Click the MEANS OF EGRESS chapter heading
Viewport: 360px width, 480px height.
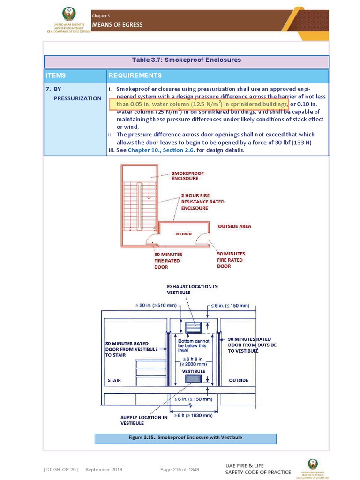(117, 24)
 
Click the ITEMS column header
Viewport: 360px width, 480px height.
(56, 75)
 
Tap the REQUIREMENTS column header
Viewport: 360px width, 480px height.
(135, 75)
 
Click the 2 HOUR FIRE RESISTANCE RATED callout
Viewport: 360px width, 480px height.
(202, 202)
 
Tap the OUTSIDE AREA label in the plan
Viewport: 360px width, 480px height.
(234, 226)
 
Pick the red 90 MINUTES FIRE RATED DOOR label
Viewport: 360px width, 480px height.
(231, 260)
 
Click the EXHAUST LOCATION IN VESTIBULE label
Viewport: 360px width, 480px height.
(192, 289)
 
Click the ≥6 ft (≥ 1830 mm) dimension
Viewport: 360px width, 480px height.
(194, 415)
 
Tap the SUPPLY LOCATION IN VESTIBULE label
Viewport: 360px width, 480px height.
(144, 420)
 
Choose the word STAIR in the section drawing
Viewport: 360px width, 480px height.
(114, 380)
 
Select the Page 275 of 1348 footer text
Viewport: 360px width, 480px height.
(180, 469)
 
